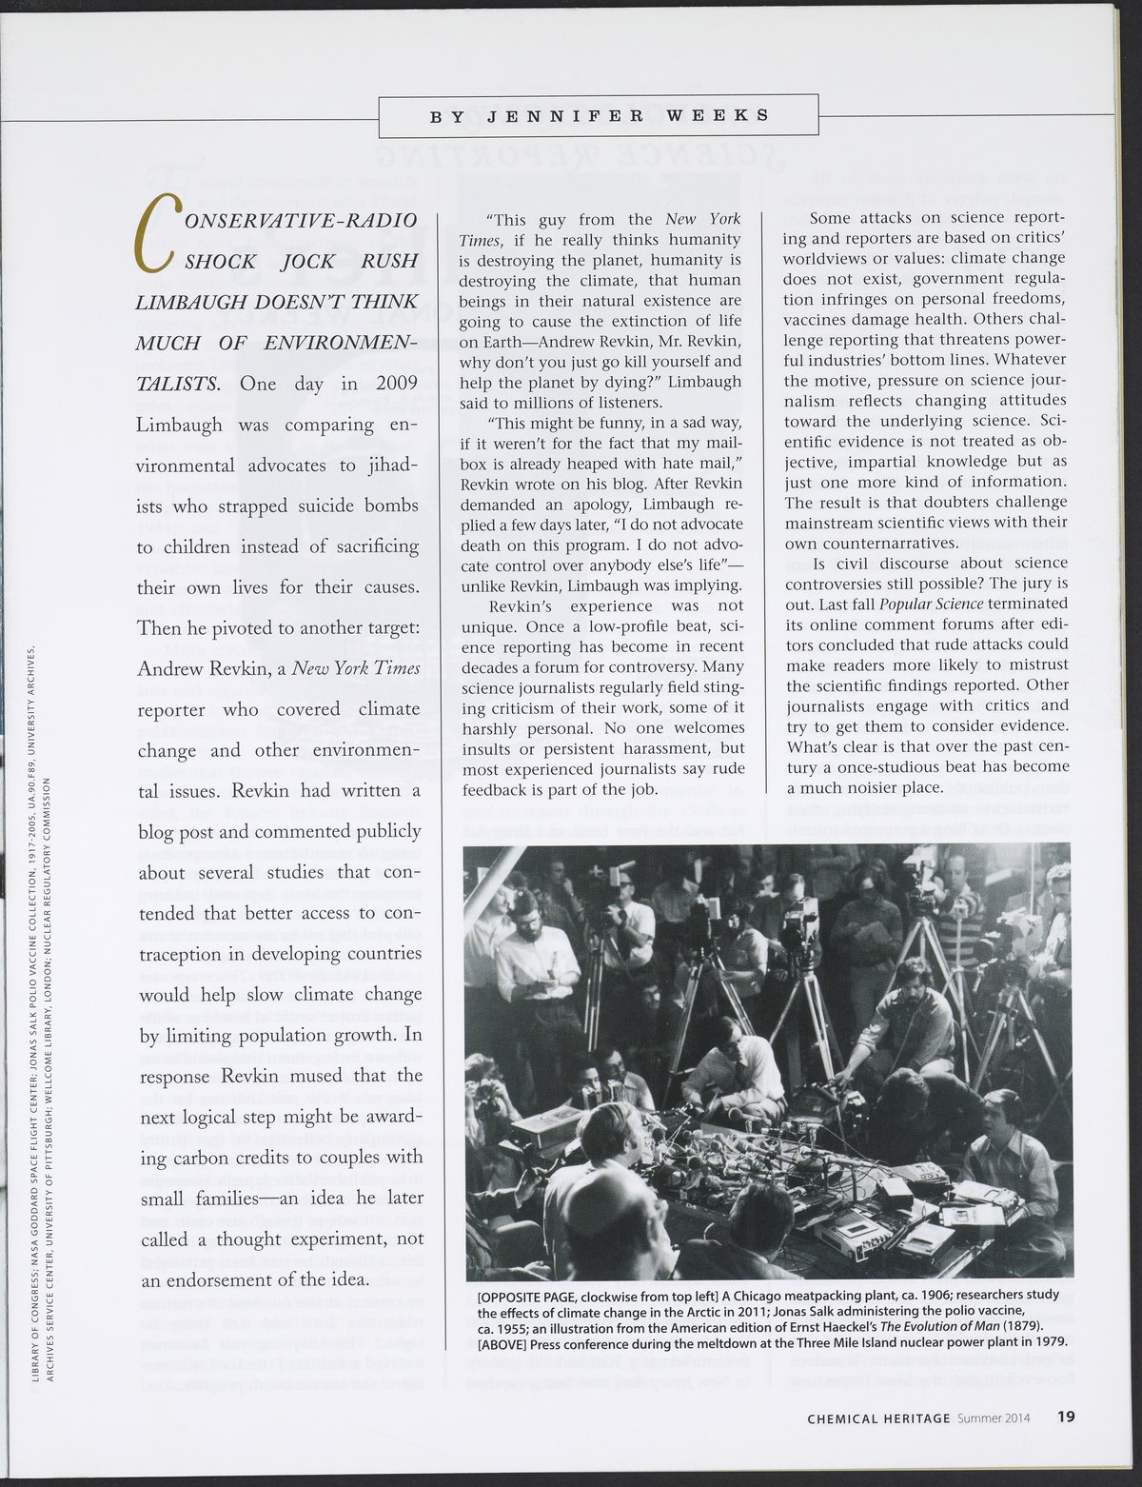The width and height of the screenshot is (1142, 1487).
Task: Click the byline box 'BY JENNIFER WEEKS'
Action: (x=599, y=116)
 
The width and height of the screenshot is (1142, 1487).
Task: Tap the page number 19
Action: (x=1066, y=1418)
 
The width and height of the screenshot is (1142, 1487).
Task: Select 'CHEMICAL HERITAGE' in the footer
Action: (x=878, y=1418)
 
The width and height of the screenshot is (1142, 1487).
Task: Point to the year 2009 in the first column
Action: (x=397, y=385)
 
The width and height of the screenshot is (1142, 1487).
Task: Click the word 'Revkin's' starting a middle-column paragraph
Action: (x=520, y=606)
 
